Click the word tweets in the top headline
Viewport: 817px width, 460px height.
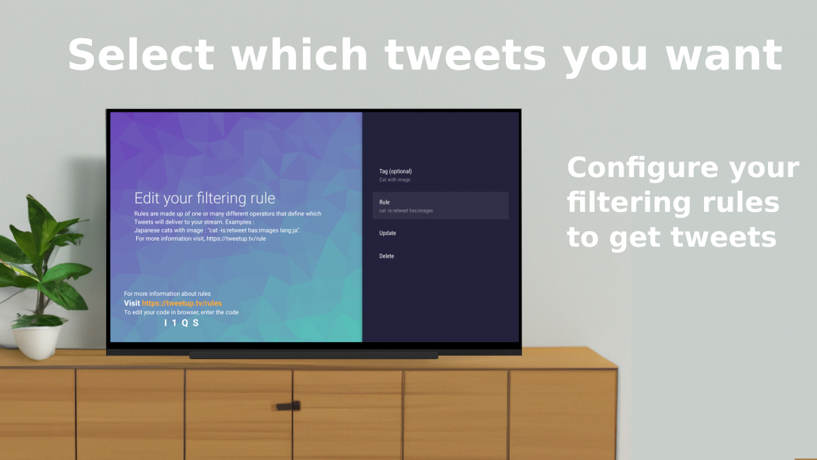pyautogui.click(x=466, y=55)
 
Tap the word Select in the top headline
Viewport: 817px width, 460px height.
pyautogui.click(x=141, y=55)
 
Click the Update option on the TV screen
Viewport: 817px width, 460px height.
pyautogui.click(x=387, y=233)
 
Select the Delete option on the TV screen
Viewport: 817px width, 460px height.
pyautogui.click(x=387, y=256)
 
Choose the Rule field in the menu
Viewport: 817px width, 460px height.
pyautogui.click(x=440, y=206)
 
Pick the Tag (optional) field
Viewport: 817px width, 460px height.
pyautogui.click(x=396, y=175)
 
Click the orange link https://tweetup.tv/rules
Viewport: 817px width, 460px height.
pyautogui.click(x=182, y=303)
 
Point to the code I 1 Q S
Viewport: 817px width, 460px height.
pyautogui.click(x=181, y=323)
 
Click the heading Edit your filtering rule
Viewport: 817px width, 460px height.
pyautogui.click(x=205, y=198)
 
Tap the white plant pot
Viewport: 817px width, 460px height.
pyautogui.click(x=37, y=341)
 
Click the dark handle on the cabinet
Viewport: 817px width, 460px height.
pyautogui.click(x=288, y=405)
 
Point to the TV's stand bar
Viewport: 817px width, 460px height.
pyautogui.click(x=314, y=355)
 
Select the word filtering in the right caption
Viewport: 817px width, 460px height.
pyautogui.click(x=629, y=203)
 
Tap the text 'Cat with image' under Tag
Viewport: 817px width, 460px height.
pyautogui.click(x=395, y=180)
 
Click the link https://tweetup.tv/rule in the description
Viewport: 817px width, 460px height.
pyautogui.click(x=236, y=239)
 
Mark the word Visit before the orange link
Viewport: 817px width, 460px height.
pyautogui.click(x=131, y=303)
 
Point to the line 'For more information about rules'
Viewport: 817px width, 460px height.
pyautogui.click(x=167, y=294)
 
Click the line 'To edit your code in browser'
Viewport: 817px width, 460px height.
pyautogui.click(x=181, y=312)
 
